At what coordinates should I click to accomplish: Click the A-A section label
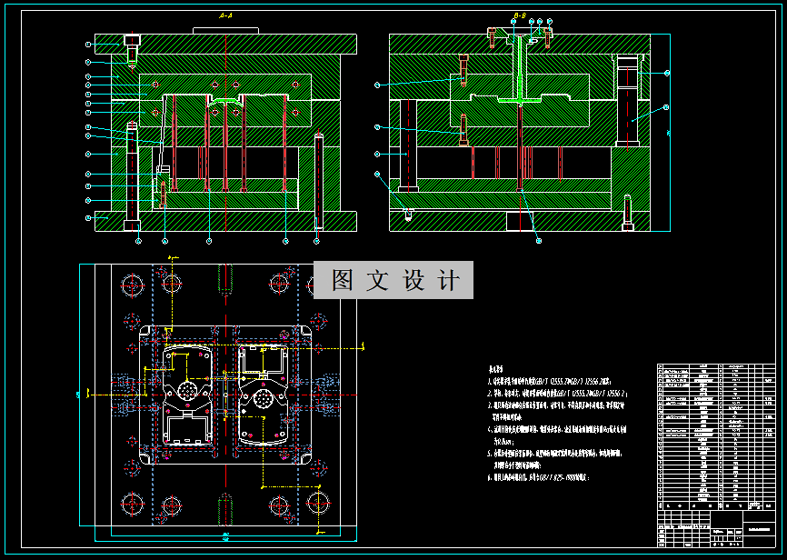tap(226, 16)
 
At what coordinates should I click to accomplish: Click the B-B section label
tap(520, 16)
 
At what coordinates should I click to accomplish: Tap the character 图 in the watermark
tap(343, 281)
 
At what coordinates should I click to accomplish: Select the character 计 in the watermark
tap(448, 281)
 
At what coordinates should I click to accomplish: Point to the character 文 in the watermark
tap(377, 281)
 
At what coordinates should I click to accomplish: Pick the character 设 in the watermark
tap(413, 281)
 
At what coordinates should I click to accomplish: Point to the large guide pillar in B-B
tap(627, 100)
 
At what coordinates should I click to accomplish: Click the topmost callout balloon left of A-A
tap(89, 44)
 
